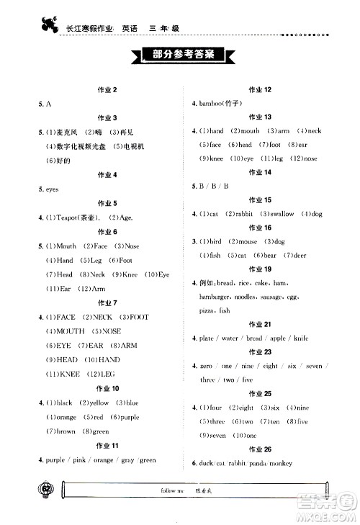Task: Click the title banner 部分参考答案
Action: (180, 55)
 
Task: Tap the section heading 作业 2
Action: (107, 89)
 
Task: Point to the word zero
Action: (207, 366)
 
